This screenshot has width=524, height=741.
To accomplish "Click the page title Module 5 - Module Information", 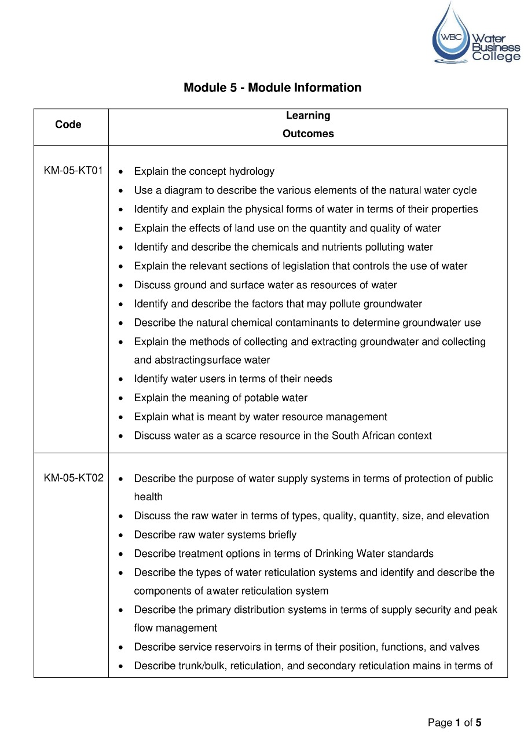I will click(272, 88).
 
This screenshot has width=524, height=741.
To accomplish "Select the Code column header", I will click(68, 124).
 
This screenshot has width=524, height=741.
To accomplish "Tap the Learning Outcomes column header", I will click(308, 124).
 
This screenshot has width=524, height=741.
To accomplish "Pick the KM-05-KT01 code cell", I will click(74, 171).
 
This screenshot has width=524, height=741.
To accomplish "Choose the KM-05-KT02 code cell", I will click(74, 478).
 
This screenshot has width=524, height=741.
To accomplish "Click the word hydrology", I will click(251, 171).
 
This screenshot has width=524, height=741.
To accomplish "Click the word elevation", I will click(467, 516).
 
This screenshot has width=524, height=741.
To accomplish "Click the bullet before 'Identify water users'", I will click(120, 380).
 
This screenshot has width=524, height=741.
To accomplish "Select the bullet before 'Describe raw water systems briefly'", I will click(120, 535).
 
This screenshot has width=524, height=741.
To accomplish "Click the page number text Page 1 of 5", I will click(455, 722).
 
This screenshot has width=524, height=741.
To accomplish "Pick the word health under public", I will click(148, 497).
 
